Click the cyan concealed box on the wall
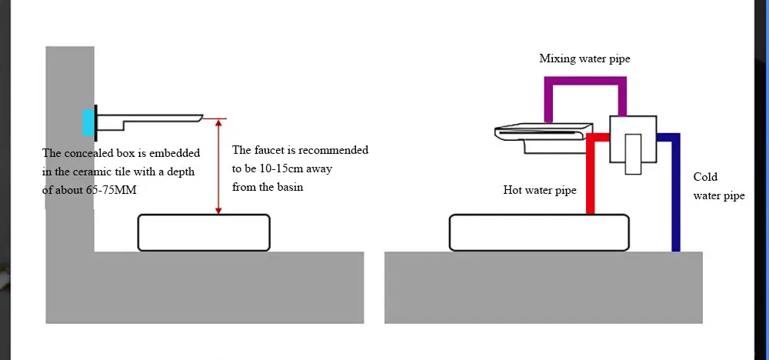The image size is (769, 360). click(x=88, y=122)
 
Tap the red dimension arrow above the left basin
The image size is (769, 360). click(x=219, y=166)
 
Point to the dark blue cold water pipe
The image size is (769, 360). click(x=675, y=192)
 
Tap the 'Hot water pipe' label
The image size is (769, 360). click(x=540, y=190)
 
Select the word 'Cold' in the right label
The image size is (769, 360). click(x=705, y=177)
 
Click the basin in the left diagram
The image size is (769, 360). click(x=204, y=232)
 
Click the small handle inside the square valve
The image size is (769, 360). click(x=633, y=154)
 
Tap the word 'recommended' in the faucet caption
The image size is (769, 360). click(x=333, y=150)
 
